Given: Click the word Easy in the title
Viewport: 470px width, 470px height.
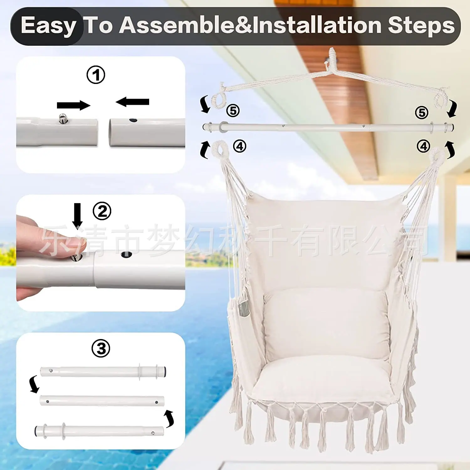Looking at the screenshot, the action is tap(48, 26).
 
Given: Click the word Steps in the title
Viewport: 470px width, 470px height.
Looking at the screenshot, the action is tap(421, 26).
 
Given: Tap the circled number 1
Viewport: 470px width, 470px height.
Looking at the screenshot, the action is tap(96, 75).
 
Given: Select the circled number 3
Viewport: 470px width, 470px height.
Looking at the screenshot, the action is tap(101, 348).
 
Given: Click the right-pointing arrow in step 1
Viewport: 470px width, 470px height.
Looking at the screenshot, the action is tap(74, 105).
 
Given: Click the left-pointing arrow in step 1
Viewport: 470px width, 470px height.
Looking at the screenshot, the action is tap(132, 102).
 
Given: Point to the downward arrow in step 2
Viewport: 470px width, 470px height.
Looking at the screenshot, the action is tap(77, 216).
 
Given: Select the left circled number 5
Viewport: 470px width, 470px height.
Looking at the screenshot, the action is tap(233, 111).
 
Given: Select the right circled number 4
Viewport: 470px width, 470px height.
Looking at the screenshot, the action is tap(423, 146).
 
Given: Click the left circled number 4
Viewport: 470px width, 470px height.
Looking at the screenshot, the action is tap(240, 146).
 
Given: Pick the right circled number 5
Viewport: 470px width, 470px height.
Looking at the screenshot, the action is tap(421, 112).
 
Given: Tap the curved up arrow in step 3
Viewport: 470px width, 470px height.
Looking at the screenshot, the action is tap(169, 418).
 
